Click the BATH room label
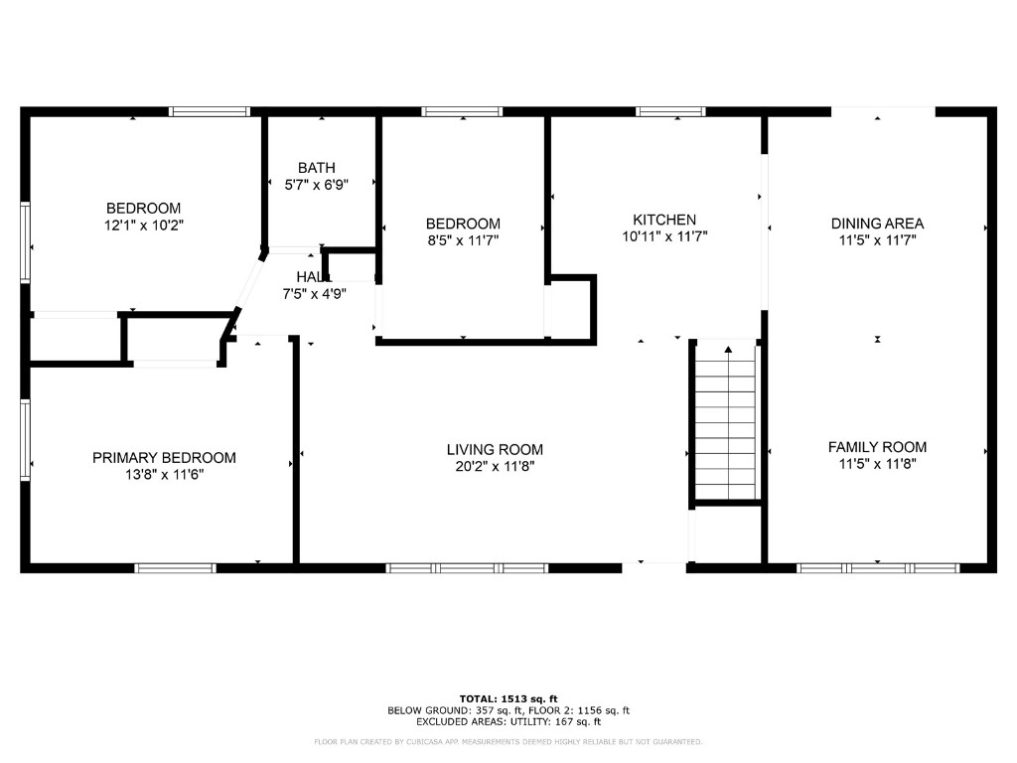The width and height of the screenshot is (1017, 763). click(317, 168)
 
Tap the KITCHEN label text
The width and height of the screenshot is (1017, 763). click(664, 220)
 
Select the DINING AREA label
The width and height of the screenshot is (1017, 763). click(877, 224)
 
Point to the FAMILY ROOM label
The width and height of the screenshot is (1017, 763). click(877, 447)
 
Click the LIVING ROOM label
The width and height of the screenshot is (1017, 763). click(495, 450)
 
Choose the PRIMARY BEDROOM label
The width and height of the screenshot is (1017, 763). click(164, 458)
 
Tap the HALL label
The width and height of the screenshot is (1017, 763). click(314, 277)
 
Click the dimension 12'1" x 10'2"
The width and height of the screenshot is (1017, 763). click(144, 226)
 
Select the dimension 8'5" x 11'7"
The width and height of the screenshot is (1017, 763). click(463, 240)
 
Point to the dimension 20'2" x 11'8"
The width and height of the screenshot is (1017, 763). click(495, 467)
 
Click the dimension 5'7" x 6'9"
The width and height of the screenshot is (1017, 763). click(317, 185)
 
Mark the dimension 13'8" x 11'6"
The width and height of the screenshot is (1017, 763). click(164, 475)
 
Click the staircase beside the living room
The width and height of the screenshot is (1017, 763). click(726, 421)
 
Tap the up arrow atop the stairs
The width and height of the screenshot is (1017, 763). click(728, 351)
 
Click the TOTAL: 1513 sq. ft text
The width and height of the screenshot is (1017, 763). click(508, 698)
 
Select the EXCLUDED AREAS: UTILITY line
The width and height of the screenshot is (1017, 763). click(508, 721)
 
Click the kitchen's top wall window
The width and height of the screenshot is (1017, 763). click(670, 111)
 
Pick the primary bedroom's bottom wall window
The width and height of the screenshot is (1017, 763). click(175, 568)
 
